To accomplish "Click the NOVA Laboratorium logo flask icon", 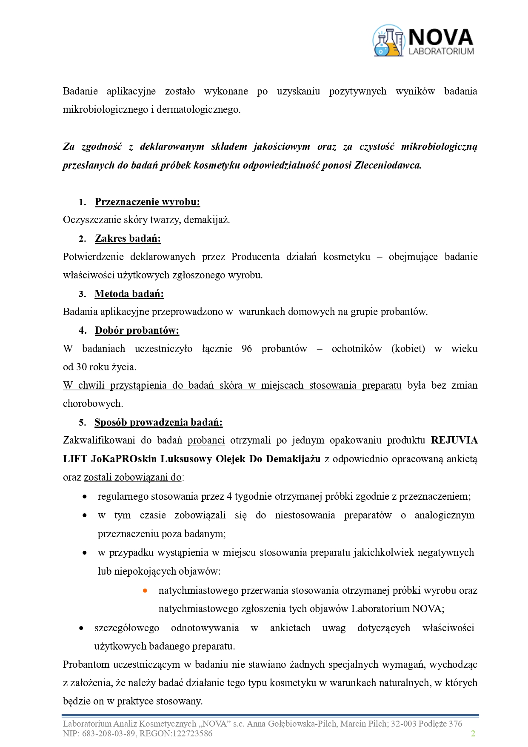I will [388, 41].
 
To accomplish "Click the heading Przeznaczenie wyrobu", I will [147, 202].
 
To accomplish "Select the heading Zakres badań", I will [128, 238].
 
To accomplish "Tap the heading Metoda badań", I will [129, 294].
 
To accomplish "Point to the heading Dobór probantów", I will [137, 330].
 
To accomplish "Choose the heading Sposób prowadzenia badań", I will [158, 422].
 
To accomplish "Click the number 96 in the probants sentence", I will [247, 349].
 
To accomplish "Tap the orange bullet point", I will [145, 590].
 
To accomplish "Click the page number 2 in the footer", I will [473, 733].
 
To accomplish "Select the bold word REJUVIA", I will [454, 440].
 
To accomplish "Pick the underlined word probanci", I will [206, 440].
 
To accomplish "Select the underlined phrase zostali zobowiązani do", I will [133, 477].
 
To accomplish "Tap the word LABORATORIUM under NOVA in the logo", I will [441, 51].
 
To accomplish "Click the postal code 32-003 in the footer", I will [403, 724].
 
